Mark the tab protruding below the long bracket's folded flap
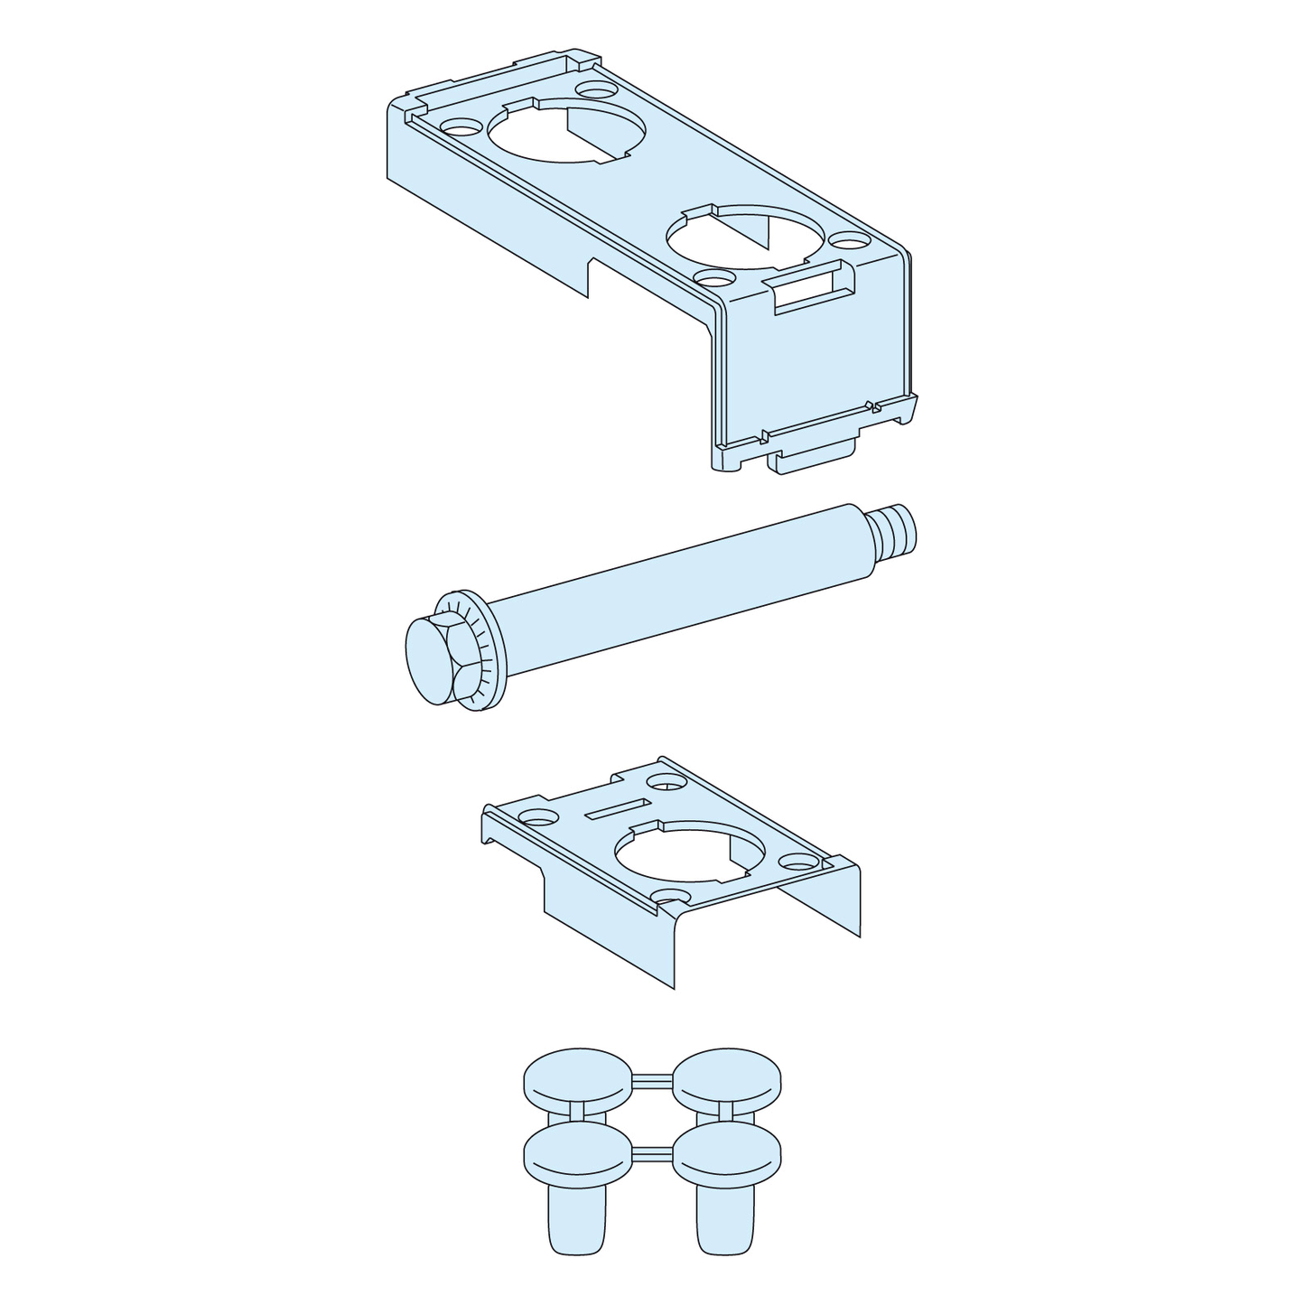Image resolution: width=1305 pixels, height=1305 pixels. point(811,460)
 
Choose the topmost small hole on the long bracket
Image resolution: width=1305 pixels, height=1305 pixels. point(594,90)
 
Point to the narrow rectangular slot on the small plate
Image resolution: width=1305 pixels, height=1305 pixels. point(617,807)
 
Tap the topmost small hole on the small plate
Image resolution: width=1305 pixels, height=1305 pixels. point(669,783)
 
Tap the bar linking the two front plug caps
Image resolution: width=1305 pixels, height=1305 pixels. point(652,1151)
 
